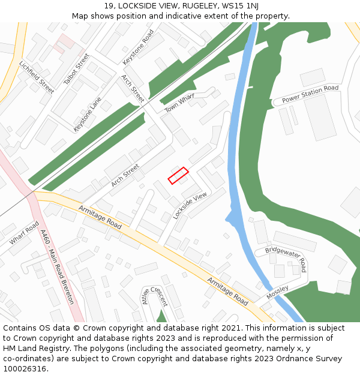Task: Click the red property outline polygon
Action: click(178, 176)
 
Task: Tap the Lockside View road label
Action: click(190, 205)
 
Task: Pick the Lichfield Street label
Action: click(37, 77)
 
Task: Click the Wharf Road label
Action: click(24, 233)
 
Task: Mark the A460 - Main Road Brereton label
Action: click(57, 267)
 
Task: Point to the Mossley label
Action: click(277, 292)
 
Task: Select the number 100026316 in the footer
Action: click(25, 369)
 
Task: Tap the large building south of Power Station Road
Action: click(320, 117)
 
